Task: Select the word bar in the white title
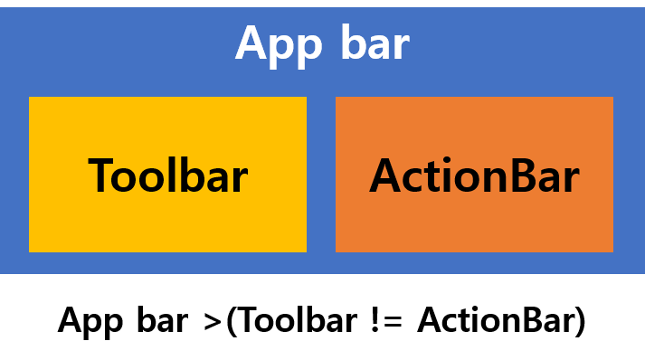tap(375, 43)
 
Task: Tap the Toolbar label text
tap(167, 175)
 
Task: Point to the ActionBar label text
tap(474, 175)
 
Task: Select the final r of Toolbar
tap(239, 179)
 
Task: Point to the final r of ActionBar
tap(571, 179)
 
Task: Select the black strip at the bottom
tap(322, 317)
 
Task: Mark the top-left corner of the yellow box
tap(31, 99)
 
